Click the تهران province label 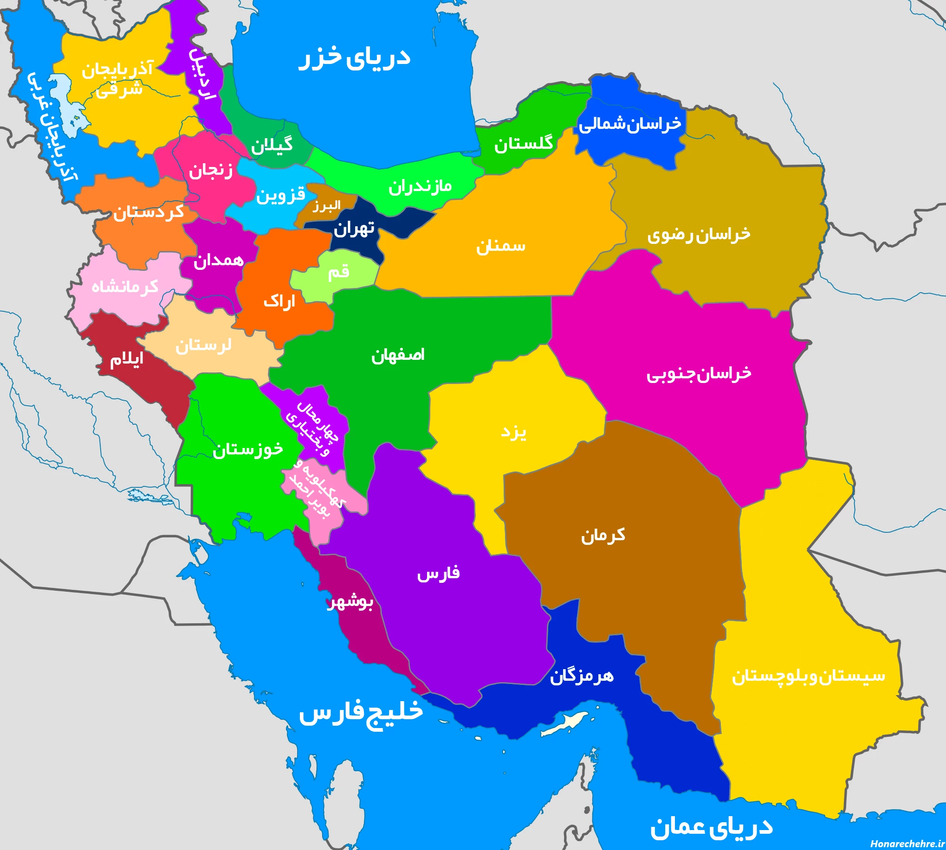354,228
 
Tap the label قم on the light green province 338,271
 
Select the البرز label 326,205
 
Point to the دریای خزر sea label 354,58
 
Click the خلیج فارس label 360,712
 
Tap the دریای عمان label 711,827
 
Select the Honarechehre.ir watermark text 907,844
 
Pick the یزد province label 513,432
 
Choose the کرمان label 603,535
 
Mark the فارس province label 438,573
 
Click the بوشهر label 350,602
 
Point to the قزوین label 280,194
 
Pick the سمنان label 500,246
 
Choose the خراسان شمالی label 629,124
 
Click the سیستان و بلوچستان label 808,676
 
